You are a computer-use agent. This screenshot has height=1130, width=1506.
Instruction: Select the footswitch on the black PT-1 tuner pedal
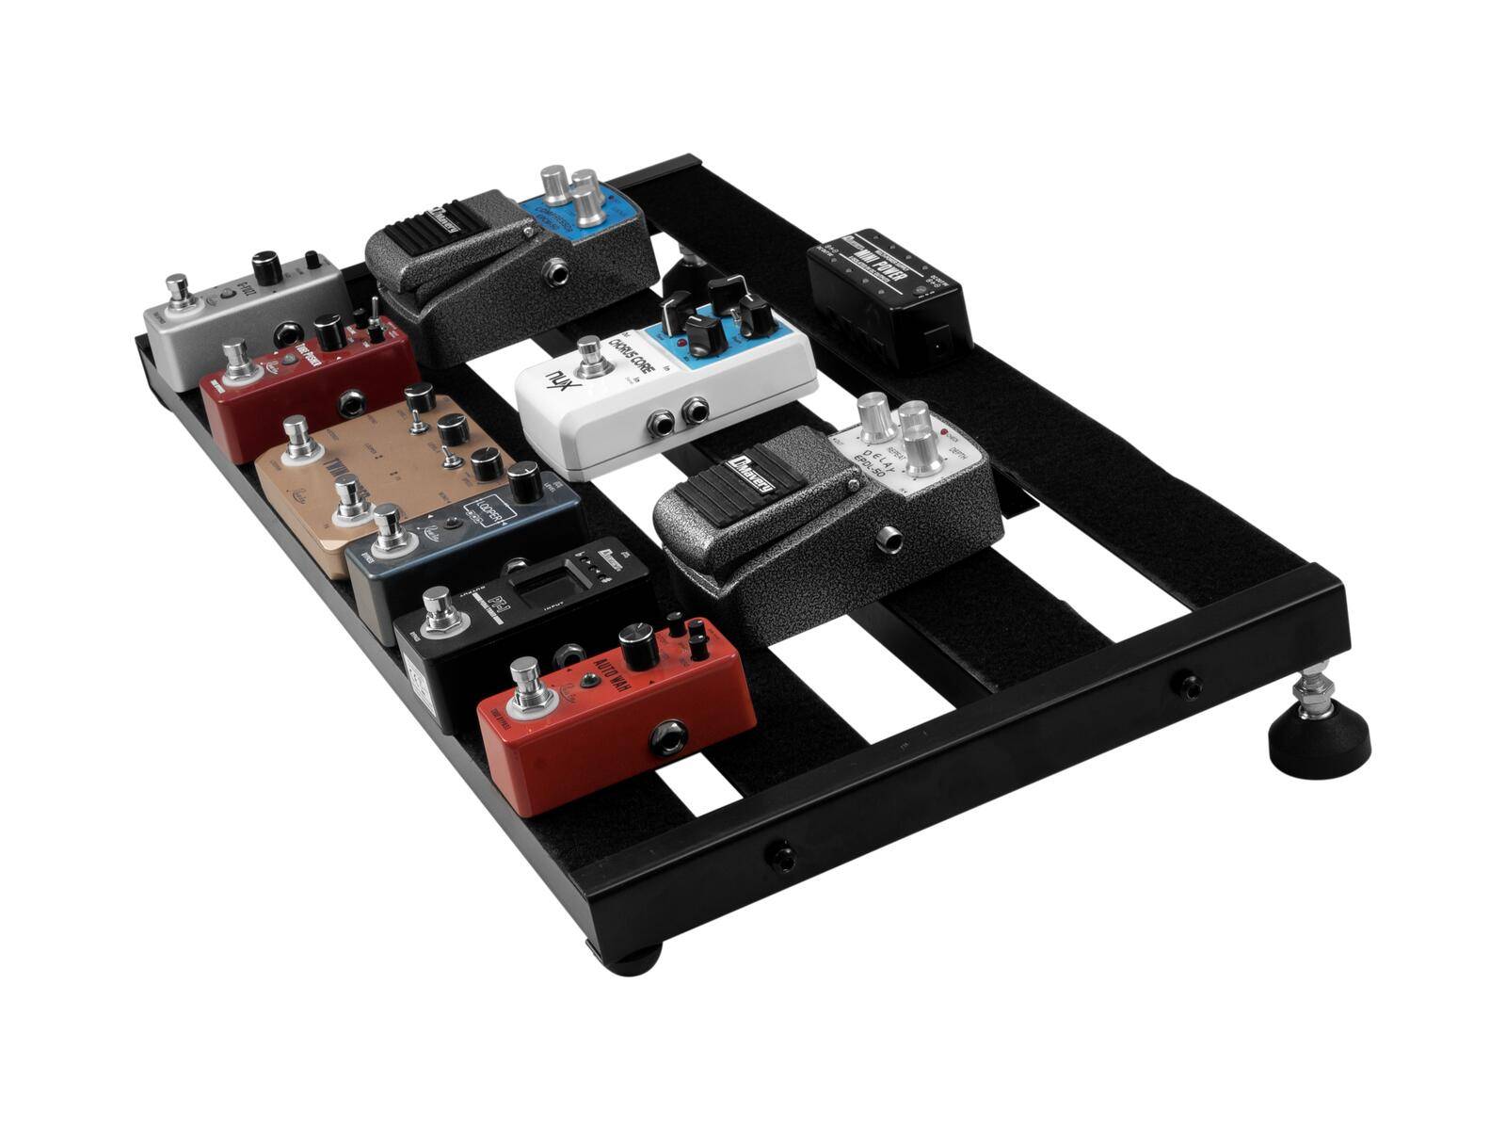tap(437, 609)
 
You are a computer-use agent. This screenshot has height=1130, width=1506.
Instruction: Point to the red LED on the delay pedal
tap(944, 435)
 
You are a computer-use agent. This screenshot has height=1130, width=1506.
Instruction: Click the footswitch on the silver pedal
tap(177, 291)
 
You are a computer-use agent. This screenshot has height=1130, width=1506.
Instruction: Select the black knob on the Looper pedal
tap(525, 482)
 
